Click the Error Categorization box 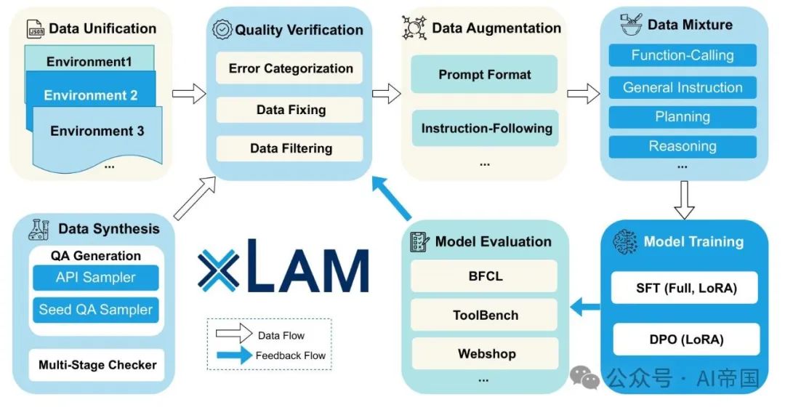pyautogui.click(x=290, y=69)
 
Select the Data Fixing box pyautogui.click(x=290, y=110)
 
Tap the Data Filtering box pyautogui.click(x=290, y=148)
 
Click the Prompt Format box pyautogui.click(x=484, y=74)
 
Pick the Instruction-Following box pyautogui.click(x=486, y=129)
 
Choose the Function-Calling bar pyautogui.click(x=682, y=55)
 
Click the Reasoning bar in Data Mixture pyautogui.click(x=682, y=146)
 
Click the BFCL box pyautogui.click(x=485, y=276)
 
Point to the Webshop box pyautogui.click(x=486, y=354)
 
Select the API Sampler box pyautogui.click(x=95, y=277)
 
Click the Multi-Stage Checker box pyautogui.click(x=97, y=364)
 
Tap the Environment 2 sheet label pyautogui.click(x=90, y=95)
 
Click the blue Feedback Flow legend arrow pyautogui.click(x=235, y=355)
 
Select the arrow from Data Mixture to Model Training pyautogui.click(x=683, y=199)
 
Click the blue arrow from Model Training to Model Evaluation pyautogui.click(x=585, y=308)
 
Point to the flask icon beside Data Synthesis pyautogui.click(x=38, y=229)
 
